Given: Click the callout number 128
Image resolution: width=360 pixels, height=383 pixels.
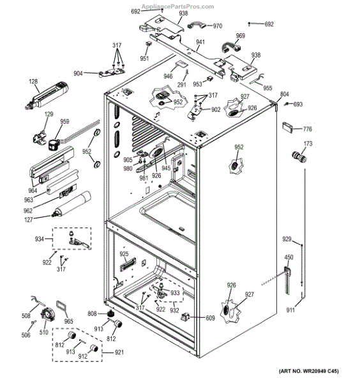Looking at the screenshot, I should pyautogui.click(x=33, y=81).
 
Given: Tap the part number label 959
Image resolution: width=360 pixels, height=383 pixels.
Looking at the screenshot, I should pyautogui.click(x=64, y=122).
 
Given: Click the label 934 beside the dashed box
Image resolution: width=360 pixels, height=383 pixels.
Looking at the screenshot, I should pyautogui.click(x=40, y=239).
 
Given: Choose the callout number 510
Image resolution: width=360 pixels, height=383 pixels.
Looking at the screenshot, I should pyautogui.click(x=43, y=333).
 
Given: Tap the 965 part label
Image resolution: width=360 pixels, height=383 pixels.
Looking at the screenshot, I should pyautogui.click(x=69, y=322).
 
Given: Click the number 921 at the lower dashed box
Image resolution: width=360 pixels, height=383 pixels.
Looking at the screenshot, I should pyautogui.click(x=119, y=353).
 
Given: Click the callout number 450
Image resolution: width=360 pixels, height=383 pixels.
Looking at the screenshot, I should pyautogui.click(x=289, y=257).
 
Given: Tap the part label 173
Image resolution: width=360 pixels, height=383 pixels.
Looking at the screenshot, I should pyautogui.click(x=308, y=144).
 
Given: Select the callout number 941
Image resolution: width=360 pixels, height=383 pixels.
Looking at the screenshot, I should pyautogui.click(x=200, y=42).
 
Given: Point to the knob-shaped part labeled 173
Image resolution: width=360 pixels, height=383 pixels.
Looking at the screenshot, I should pyautogui.click(x=296, y=156).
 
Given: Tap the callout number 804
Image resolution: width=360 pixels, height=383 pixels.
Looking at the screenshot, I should pyautogui.click(x=285, y=93).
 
